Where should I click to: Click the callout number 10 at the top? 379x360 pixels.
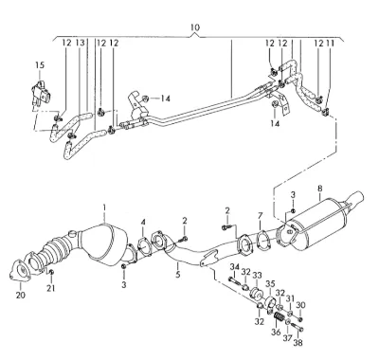(x=195, y=27)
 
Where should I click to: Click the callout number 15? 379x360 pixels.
(x=40, y=65)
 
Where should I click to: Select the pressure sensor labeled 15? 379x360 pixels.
(x=41, y=93)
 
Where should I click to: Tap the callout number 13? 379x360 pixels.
(x=81, y=43)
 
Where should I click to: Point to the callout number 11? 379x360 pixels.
(x=330, y=44)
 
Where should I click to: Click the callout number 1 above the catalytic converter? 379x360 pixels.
(x=104, y=207)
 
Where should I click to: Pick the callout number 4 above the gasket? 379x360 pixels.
(x=143, y=223)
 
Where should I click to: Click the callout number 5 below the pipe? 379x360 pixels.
(x=178, y=274)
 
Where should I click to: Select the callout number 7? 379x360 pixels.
(x=260, y=216)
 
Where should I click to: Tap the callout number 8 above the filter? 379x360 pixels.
(x=320, y=189)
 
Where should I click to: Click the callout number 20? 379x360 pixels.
(x=21, y=295)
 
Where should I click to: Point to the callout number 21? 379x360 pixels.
(x=51, y=288)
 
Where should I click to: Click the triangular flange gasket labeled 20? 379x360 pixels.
(x=19, y=271)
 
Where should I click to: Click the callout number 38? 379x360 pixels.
(x=298, y=342)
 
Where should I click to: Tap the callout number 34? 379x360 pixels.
(x=234, y=267)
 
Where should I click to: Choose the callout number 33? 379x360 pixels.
(x=257, y=275)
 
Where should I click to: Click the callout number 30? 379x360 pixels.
(x=300, y=305)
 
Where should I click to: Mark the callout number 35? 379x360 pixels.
(x=270, y=283)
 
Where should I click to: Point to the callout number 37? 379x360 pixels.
(x=287, y=338)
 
